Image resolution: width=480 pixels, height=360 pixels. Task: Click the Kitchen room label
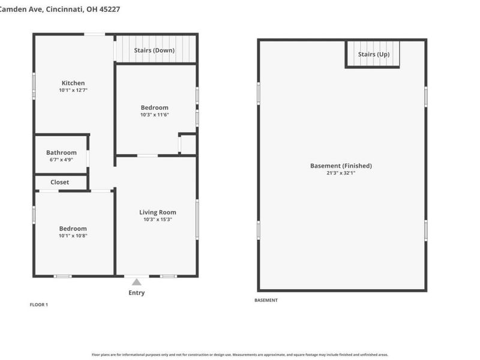[x=73, y=83]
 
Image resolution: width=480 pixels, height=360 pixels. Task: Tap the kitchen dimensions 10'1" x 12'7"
[x=73, y=90]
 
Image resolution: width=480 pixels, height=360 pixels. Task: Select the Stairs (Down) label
[x=154, y=50]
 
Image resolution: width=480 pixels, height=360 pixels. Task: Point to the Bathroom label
[x=61, y=152]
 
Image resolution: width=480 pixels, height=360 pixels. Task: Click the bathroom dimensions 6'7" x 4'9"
[x=61, y=160]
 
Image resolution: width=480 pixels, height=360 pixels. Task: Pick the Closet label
[x=59, y=182]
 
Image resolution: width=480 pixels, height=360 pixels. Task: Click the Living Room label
[x=158, y=212]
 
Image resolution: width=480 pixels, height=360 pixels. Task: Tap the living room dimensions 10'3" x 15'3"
[x=158, y=219]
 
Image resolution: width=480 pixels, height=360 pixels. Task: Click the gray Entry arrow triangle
[x=137, y=282]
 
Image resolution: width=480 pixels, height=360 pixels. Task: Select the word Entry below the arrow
[x=137, y=293]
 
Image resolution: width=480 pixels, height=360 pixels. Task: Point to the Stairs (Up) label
[x=374, y=54]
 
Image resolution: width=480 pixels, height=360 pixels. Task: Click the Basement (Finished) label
[x=341, y=166]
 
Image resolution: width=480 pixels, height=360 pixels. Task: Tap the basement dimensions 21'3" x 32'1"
[x=341, y=173]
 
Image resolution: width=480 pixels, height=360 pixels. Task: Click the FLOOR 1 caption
[x=39, y=305]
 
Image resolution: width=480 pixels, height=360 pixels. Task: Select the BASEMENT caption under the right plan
[x=266, y=301]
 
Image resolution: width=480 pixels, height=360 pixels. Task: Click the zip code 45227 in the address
[x=109, y=9]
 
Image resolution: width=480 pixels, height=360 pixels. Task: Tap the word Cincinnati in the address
[x=65, y=10]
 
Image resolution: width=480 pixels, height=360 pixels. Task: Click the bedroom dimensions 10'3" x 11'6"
[x=155, y=115]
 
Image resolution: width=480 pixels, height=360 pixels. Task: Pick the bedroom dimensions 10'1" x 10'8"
[x=73, y=236]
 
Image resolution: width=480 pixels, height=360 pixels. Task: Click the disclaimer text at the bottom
[x=240, y=355]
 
